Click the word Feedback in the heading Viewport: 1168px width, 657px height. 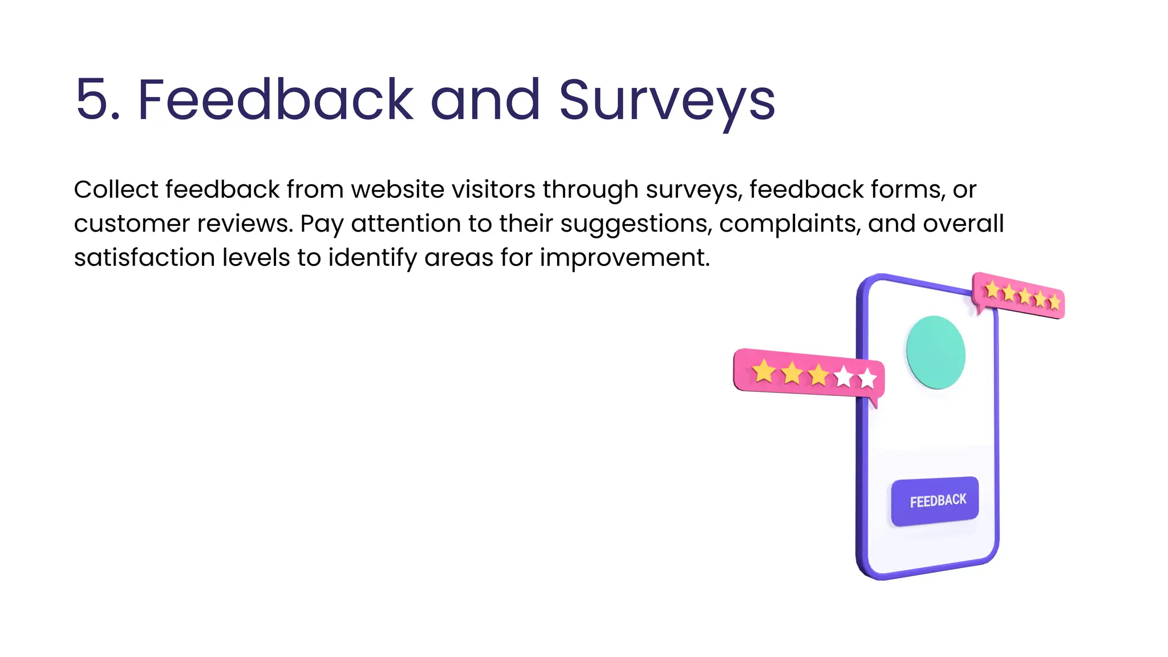pyautogui.click(x=275, y=100)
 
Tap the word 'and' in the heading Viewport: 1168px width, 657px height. pyautogui.click(x=485, y=100)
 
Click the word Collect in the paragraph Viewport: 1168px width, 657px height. pyautogui.click(x=116, y=189)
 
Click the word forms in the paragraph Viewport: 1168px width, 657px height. pyautogui.click(x=906, y=189)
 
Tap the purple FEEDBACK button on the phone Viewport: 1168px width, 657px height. pyautogui.click(x=935, y=501)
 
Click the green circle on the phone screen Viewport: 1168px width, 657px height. pyautogui.click(x=935, y=352)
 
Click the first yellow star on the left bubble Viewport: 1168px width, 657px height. pyautogui.click(x=764, y=371)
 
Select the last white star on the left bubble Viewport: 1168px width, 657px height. pyautogui.click(x=867, y=378)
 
